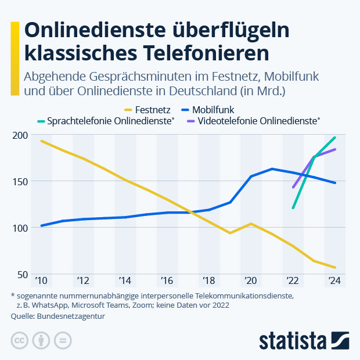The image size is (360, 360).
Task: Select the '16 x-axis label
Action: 167,281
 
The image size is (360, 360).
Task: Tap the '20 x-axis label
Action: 251,281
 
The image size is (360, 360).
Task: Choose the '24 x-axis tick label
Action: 334,281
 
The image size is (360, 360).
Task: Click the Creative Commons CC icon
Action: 20,340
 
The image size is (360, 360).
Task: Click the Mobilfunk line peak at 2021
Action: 272,169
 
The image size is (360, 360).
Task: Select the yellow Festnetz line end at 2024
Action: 335,268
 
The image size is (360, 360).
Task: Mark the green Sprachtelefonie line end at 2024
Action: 335,138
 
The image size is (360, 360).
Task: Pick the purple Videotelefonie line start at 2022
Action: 293,188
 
